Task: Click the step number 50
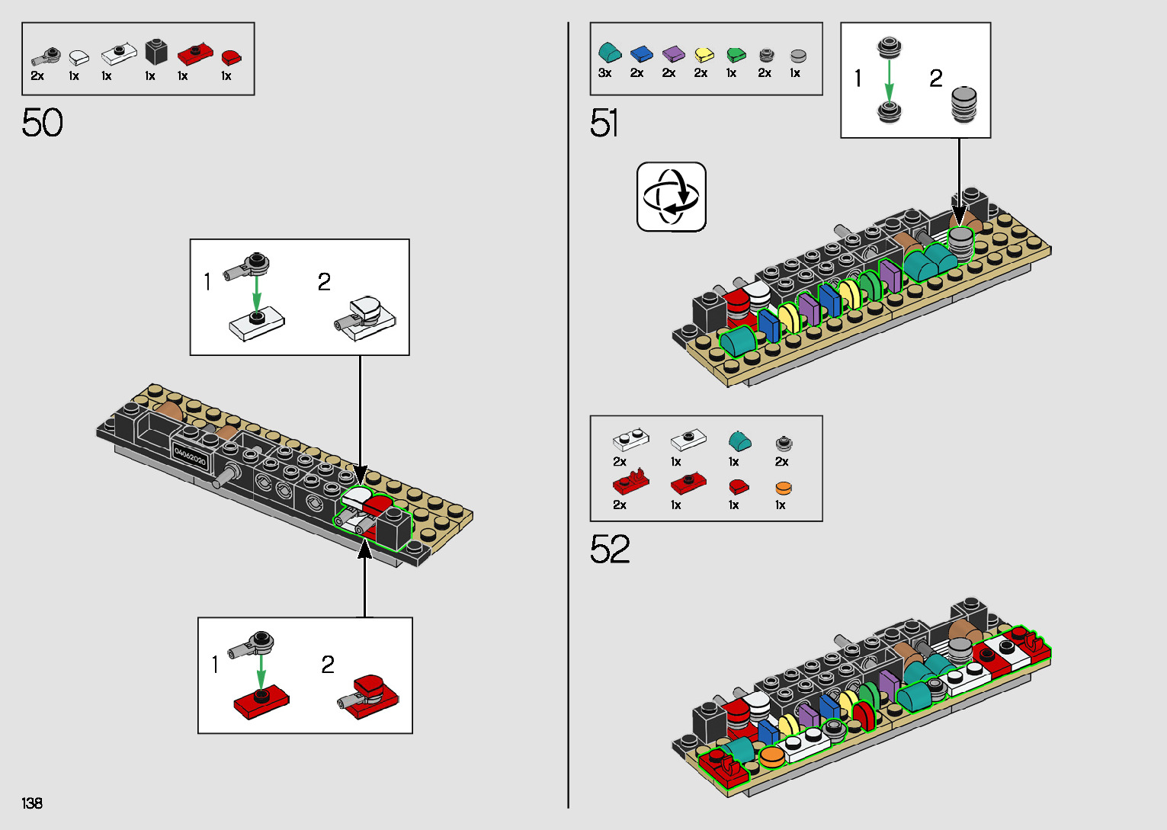coord(42,123)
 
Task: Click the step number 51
coord(604,123)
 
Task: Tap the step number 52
coord(610,549)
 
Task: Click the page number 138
coord(32,803)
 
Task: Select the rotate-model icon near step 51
coord(671,197)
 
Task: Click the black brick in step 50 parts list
coord(155,52)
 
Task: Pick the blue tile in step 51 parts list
coord(641,53)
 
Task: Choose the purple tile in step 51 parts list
coord(673,53)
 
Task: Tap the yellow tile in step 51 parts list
coord(704,54)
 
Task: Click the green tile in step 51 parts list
coord(736,54)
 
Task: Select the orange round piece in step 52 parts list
coord(784,489)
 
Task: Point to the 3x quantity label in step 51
coord(605,73)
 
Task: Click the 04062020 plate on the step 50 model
coord(190,457)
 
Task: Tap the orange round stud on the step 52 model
coord(771,756)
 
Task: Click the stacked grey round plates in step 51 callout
coord(963,104)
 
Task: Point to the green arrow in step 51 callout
coord(890,80)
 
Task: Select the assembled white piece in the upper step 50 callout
coord(364,319)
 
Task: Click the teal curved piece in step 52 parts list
coord(740,441)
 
